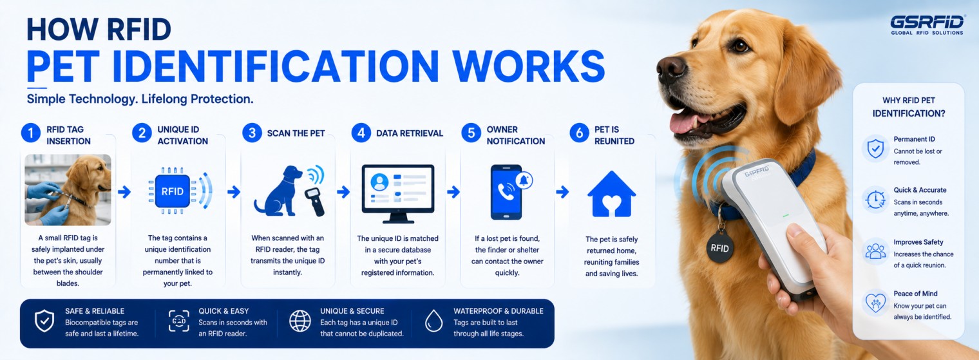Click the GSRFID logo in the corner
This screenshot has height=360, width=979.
click(x=927, y=25)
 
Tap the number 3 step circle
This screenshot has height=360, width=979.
click(x=252, y=133)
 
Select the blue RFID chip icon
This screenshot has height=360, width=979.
click(x=172, y=191)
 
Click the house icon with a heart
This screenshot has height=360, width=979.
click(x=611, y=194)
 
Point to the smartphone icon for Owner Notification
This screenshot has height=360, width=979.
click(x=506, y=192)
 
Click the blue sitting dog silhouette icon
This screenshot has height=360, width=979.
click(x=278, y=191)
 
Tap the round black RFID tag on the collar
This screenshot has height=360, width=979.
click(x=719, y=247)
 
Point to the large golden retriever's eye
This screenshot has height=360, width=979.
click(x=740, y=46)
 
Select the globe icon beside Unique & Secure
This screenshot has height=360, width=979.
click(x=300, y=321)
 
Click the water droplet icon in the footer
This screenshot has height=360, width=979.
click(x=433, y=321)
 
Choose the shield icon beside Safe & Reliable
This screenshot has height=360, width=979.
click(x=44, y=321)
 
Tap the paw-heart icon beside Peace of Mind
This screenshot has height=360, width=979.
click(x=876, y=303)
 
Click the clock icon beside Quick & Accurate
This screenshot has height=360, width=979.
click(x=875, y=200)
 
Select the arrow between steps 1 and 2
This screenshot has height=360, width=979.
click(x=124, y=191)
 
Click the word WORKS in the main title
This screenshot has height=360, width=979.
click(x=529, y=66)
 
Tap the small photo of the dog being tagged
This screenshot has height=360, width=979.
click(x=68, y=189)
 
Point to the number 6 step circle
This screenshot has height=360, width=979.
click(x=580, y=133)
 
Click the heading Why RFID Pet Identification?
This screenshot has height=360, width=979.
click(x=909, y=107)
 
